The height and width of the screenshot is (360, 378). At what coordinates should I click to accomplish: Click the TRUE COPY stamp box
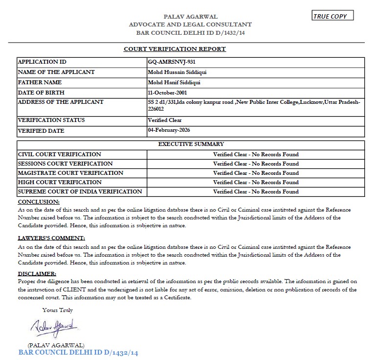[x=332, y=16]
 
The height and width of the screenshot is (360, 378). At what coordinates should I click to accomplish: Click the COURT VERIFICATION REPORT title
[x=175, y=49]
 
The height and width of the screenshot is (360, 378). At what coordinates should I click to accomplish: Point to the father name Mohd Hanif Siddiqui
[x=174, y=82]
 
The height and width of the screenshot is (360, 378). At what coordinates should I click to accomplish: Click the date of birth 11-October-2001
[x=167, y=93]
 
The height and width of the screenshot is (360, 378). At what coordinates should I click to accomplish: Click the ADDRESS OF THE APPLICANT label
[x=60, y=102]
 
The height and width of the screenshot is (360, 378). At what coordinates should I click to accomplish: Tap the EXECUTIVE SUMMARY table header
[x=191, y=144]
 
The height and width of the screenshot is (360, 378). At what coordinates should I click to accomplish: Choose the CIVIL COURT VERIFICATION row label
[x=59, y=154]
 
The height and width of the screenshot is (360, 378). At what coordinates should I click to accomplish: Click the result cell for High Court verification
[x=256, y=182]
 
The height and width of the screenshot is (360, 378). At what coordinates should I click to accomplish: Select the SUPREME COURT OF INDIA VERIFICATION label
[x=80, y=192]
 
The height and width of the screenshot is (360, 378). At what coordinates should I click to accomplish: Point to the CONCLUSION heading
[x=39, y=202]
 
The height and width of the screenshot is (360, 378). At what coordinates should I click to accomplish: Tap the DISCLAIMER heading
[x=37, y=273]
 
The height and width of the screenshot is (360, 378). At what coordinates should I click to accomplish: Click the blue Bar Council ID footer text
[x=78, y=353]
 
